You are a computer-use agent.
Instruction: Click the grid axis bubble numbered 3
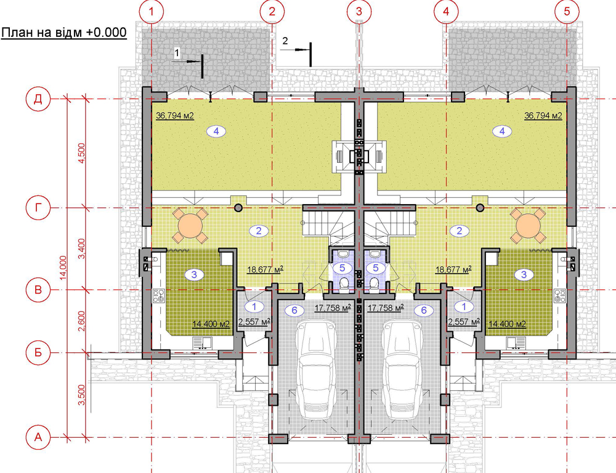(359, 11)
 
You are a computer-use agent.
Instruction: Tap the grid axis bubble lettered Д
(38, 99)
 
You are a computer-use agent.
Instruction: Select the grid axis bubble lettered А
(38, 437)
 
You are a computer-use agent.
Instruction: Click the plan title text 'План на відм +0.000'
(64, 32)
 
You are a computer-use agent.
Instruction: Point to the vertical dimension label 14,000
(63, 268)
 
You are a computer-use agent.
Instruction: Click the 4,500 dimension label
(82, 153)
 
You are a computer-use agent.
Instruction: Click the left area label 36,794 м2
(175, 115)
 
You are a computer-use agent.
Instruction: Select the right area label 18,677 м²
(453, 269)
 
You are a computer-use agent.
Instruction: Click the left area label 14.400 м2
(211, 324)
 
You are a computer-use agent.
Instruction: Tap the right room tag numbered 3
(524, 274)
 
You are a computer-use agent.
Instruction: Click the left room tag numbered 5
(342, 268)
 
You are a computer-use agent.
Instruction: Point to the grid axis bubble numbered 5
(567, 11)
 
